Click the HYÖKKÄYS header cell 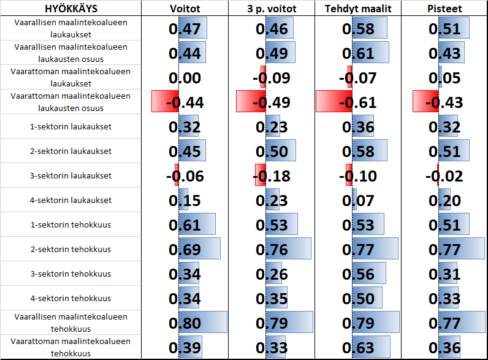tap(71, 9)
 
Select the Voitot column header tap(185, 9)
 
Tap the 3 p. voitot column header tap(271, 9)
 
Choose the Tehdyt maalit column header tap(358, 9)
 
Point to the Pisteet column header tap(444, 9)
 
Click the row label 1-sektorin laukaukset tap(71, 126)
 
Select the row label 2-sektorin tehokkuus tap(71, 249)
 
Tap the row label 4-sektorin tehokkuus tap(71, 298)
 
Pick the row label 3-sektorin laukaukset tap(71, 175)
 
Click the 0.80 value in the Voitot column tap(185, 323)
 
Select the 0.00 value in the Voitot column tap(185, 78)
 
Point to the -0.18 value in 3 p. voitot tap(271, 176)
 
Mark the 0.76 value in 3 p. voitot tap(271, 250)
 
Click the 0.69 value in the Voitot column tap(185, 250)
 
